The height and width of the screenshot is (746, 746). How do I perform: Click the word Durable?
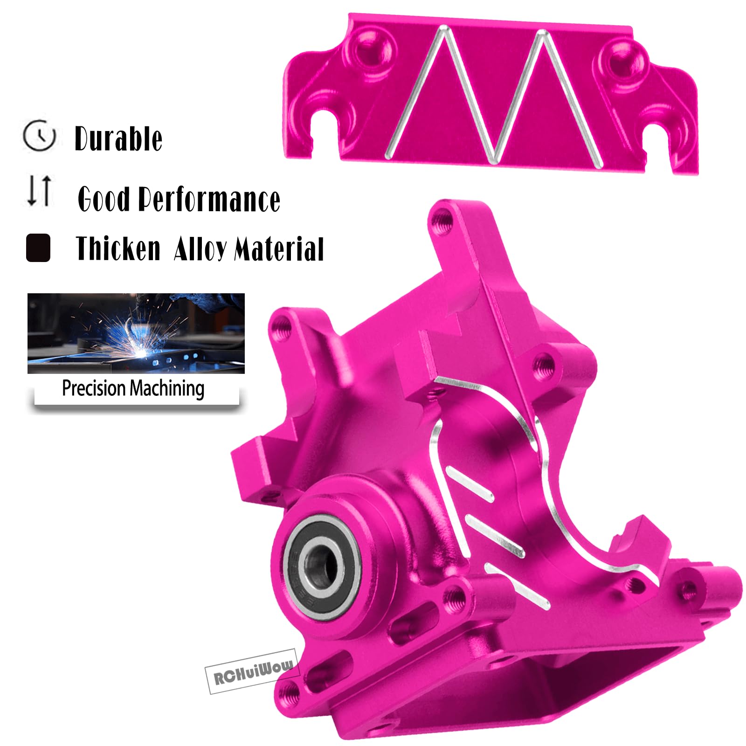(118, 139)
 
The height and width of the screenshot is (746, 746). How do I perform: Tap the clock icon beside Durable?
(39, 135)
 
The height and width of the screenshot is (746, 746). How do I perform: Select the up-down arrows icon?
(39, 190)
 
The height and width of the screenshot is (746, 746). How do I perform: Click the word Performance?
(210, 200)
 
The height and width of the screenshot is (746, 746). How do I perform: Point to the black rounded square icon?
(38, 247)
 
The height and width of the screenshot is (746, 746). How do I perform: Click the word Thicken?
(118, 248)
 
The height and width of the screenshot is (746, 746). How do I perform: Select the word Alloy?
(200, 249)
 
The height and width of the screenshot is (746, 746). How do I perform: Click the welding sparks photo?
(136, 333)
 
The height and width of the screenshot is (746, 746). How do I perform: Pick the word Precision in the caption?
(94, 388)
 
